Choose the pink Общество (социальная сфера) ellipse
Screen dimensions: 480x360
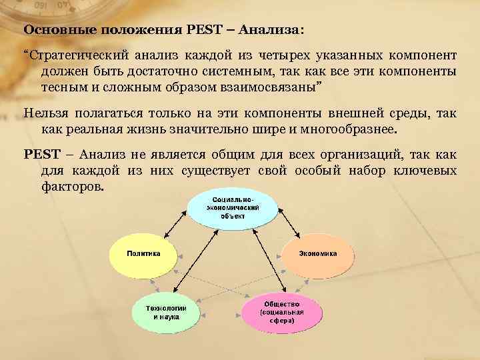282,312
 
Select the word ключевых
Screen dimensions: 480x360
424,171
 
